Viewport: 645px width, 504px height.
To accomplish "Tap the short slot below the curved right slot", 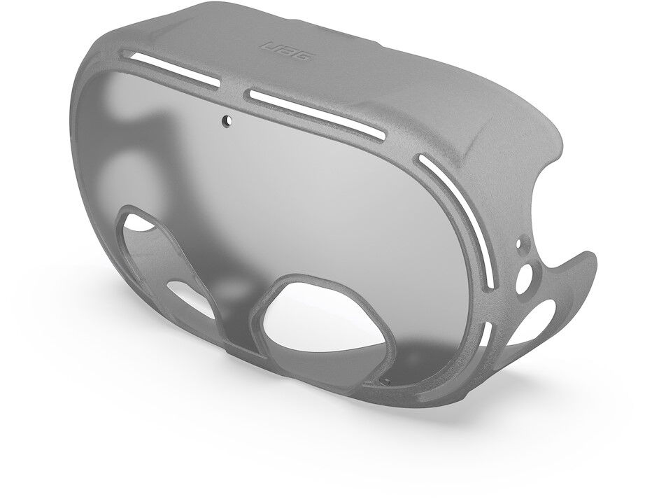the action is click(x=485, y=341).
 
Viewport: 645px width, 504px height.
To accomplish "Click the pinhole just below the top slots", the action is click(x=227, y=120).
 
